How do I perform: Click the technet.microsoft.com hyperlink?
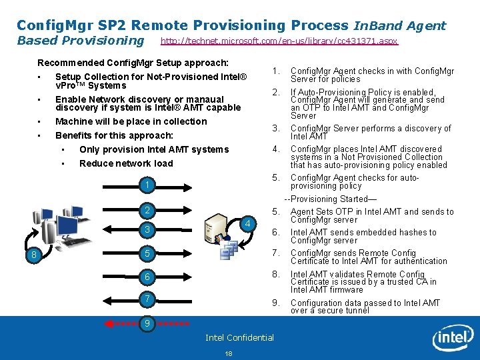coord(279,41)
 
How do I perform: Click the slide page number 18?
coord(229,353)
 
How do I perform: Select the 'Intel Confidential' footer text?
coord(239,337)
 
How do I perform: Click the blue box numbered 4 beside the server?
coord(247,223)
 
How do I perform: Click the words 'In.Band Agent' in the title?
coord(399,26)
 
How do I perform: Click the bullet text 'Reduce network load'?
coord(126,163)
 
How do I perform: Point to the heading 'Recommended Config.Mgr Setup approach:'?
coord(133,63)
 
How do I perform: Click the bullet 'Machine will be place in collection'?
coord(131,121)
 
